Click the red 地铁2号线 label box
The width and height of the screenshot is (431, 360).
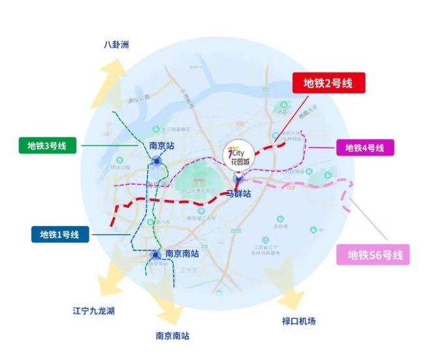(x=326, y=84)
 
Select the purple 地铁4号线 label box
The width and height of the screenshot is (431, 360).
(x=365, y=148)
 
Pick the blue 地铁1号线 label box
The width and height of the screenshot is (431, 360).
(x=60, y=234)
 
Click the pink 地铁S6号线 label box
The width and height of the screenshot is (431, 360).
(x=371, y=254)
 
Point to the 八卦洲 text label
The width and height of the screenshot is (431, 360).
(x=117, y=45)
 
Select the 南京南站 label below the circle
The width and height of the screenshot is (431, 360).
(x=172, y=336)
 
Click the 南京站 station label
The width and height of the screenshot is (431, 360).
(x=161, y=146)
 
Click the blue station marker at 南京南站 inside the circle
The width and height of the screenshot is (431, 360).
(x=155, y=255)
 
